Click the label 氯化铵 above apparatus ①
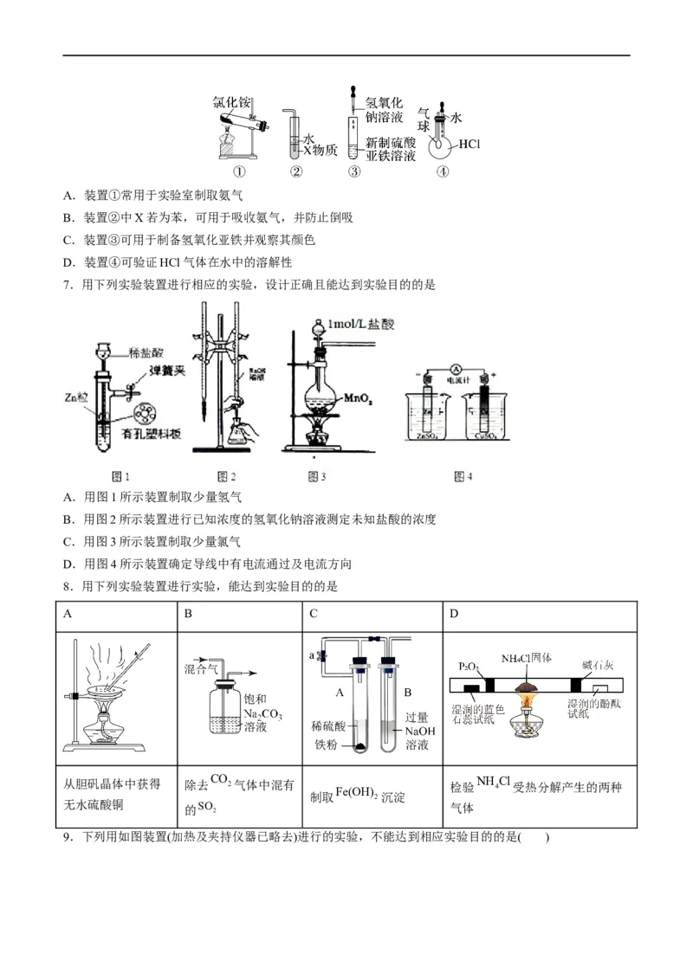[x=231, y=102]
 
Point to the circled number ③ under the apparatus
[x=353, y=171]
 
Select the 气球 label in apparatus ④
[x=424, y=119]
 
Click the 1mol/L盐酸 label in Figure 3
[x=363, y=325]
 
